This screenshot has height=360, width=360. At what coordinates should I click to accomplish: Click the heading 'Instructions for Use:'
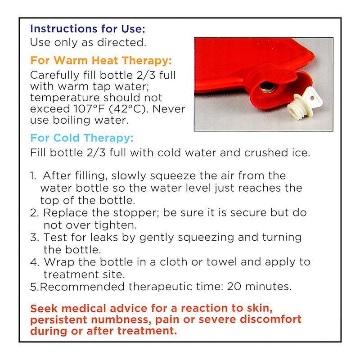point(88,29)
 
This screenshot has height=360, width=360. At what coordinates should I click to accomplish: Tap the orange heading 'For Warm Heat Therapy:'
point(101,61)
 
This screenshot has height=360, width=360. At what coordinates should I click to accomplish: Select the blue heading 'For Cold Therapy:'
point(82,138)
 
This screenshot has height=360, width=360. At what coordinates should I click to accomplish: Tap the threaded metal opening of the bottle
point(269,87)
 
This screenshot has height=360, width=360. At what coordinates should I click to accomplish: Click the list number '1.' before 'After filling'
point(33,176)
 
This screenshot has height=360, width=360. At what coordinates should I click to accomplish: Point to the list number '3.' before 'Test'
point(35,238)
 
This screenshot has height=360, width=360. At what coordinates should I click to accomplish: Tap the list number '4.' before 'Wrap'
point(35,262)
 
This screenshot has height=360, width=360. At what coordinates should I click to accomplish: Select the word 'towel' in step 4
point(222,262)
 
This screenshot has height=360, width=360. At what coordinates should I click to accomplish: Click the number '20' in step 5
point(234,287)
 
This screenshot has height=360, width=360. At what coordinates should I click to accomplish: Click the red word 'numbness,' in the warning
point(121,320)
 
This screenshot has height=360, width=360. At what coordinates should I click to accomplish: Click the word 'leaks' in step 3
point(104,238)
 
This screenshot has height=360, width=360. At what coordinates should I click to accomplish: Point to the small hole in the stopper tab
point(312,98)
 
